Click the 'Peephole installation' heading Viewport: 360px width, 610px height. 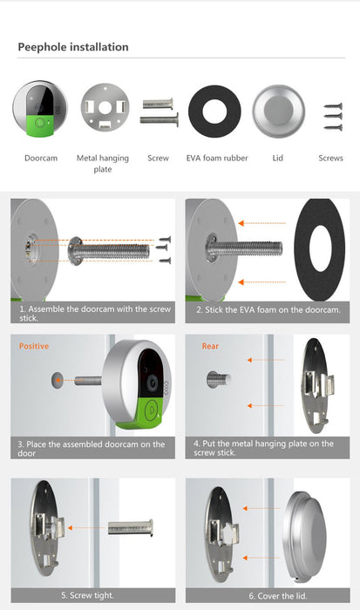click(73, 47)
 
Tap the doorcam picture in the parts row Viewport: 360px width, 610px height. click(40, 109)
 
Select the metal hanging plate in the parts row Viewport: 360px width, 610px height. click(105, 107)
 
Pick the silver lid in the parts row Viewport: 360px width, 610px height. click(278, 112)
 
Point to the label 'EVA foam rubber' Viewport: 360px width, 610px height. click(217, 158)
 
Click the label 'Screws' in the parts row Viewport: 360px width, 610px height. click(330, 158)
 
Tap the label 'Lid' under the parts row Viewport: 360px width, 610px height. click(277, 158)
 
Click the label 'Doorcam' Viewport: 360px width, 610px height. click(41, 158)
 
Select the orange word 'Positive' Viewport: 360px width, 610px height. click(34, 346)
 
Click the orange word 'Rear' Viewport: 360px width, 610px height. click(210, 346)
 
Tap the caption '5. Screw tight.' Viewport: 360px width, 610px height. click(87, 595)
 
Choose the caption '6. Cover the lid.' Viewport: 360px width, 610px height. click(278, 595)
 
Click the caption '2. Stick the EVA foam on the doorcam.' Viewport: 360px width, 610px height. click(268, 310)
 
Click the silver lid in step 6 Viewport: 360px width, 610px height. click(304, 538)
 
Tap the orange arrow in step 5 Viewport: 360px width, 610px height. click(86, 528)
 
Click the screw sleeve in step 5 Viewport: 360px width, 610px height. click(131, 527)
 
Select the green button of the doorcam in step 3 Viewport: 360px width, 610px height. click(150, 410)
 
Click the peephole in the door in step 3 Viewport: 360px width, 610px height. click(57, 380)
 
